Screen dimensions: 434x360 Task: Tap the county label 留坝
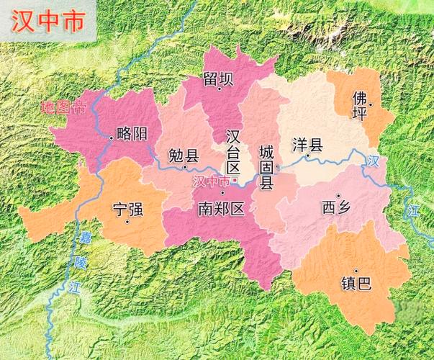pos(217,80)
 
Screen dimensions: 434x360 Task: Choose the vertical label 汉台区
pos(232,152)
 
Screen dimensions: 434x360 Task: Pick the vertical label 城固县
pos(266,167)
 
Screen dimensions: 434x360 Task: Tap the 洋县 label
pos(307,143)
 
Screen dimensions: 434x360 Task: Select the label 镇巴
pos(356,283)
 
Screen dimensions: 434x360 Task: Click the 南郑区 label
pos(222,209)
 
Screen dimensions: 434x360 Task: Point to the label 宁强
pos(128,210)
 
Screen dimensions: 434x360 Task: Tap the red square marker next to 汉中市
pos(235,180)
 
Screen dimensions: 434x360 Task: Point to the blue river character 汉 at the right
pos(371,162)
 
